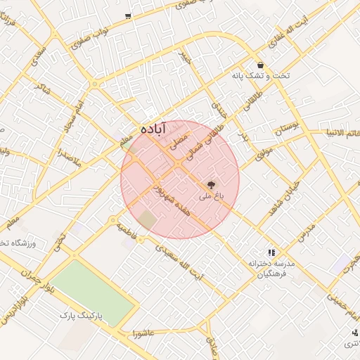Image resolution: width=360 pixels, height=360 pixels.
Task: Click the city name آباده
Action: [x=153, y=129]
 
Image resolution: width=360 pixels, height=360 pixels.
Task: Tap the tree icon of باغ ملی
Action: [x=212, y=186]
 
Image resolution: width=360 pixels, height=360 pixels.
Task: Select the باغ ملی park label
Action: [x=211, y=200]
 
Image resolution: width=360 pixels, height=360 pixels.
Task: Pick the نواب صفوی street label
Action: [x=90, y=40]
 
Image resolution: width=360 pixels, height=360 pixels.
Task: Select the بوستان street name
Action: [x=286, y=129]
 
